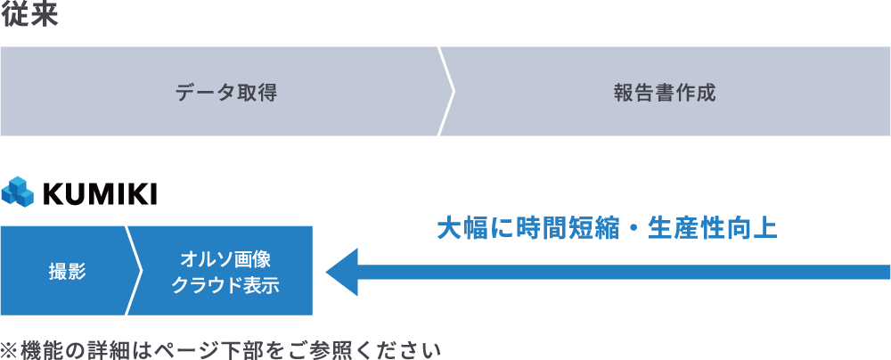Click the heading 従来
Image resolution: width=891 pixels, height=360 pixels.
pyautogui.click(x=29, y=15)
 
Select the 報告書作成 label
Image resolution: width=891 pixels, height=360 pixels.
pyautogui.click(x=664, y=92)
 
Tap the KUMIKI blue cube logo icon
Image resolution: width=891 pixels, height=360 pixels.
pyautogui.click(x=17, y=192)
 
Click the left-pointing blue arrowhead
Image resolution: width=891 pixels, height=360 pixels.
pyautogui.click(x=342, y=271)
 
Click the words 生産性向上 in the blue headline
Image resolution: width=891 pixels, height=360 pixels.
pyautogui.click(x=713, y=228)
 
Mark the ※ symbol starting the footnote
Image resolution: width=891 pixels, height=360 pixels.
pyautogui.click(x=10, y=348)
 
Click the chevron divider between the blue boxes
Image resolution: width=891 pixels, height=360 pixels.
pyautogui.click(x=135, y=270)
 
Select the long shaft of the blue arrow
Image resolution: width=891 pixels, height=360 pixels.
pyautogui.click(x=624, y=271)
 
